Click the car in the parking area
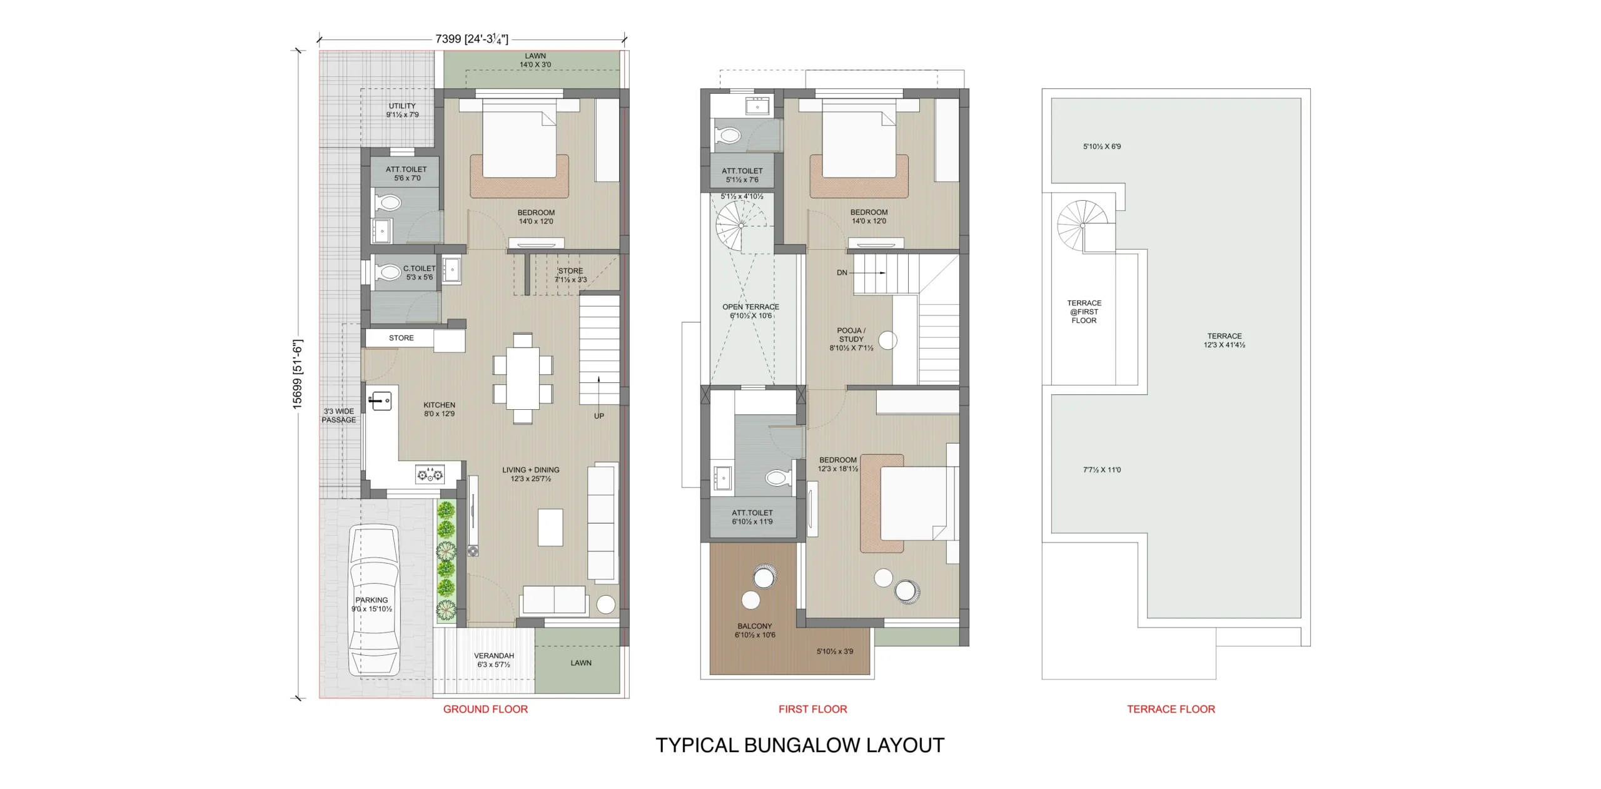[373, 600]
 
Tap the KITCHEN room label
[439, 405]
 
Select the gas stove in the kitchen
[430, 474]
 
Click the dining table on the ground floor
[523, 378]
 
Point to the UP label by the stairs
[599, 416]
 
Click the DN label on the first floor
[842, 273]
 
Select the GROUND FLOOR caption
[485, 709]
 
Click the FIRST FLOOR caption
[812, 709]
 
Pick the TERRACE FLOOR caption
[1171, 709]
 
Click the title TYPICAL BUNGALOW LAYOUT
[800, 745]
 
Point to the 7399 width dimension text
[448, 39]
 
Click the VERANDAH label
[494, 656]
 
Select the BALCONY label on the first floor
[755, 626]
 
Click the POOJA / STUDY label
[851, 335]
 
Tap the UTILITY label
[402, 106]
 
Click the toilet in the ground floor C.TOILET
[388, 273]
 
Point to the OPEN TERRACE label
[750, 307]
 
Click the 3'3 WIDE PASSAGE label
[339, 415]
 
